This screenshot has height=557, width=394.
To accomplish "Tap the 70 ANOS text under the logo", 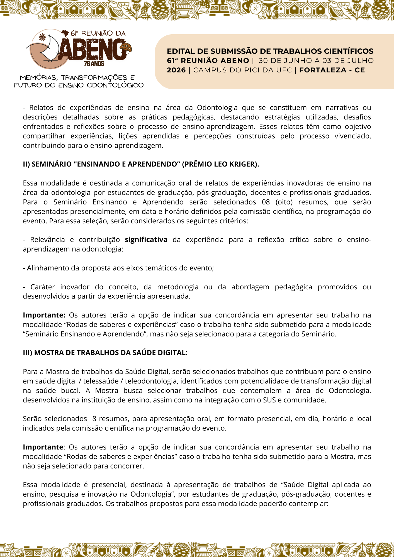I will pyautogui.click(x=94, y=64).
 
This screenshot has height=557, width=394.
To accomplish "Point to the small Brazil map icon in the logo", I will pyautogui.click(x=65, y=33).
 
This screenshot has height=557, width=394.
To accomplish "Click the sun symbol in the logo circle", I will pyautogui.click(x=42, y=37).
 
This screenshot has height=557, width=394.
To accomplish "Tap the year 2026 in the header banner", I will pyautogui.click(x=176, y=70).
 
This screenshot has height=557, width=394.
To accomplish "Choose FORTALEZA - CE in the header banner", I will pyautogui.click(x=332, y=70).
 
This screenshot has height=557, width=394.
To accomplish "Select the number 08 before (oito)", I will pyautogui.click(x=266, y=202).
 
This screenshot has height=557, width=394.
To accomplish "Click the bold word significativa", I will pyautogui.click(x=146, y=240).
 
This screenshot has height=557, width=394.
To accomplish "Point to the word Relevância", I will pyautogui.click(x=47, y=240).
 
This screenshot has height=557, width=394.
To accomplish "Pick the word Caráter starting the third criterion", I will pyautogui.click(x=43, y=287).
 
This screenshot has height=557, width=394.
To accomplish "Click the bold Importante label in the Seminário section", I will pyautogui.click(x=44, y=315).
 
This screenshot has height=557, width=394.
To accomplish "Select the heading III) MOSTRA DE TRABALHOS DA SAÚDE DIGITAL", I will pyautogui.click(x=105, y=353).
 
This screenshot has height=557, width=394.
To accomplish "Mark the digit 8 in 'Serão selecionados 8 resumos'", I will pyautogui.click(x=94, y=419).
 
